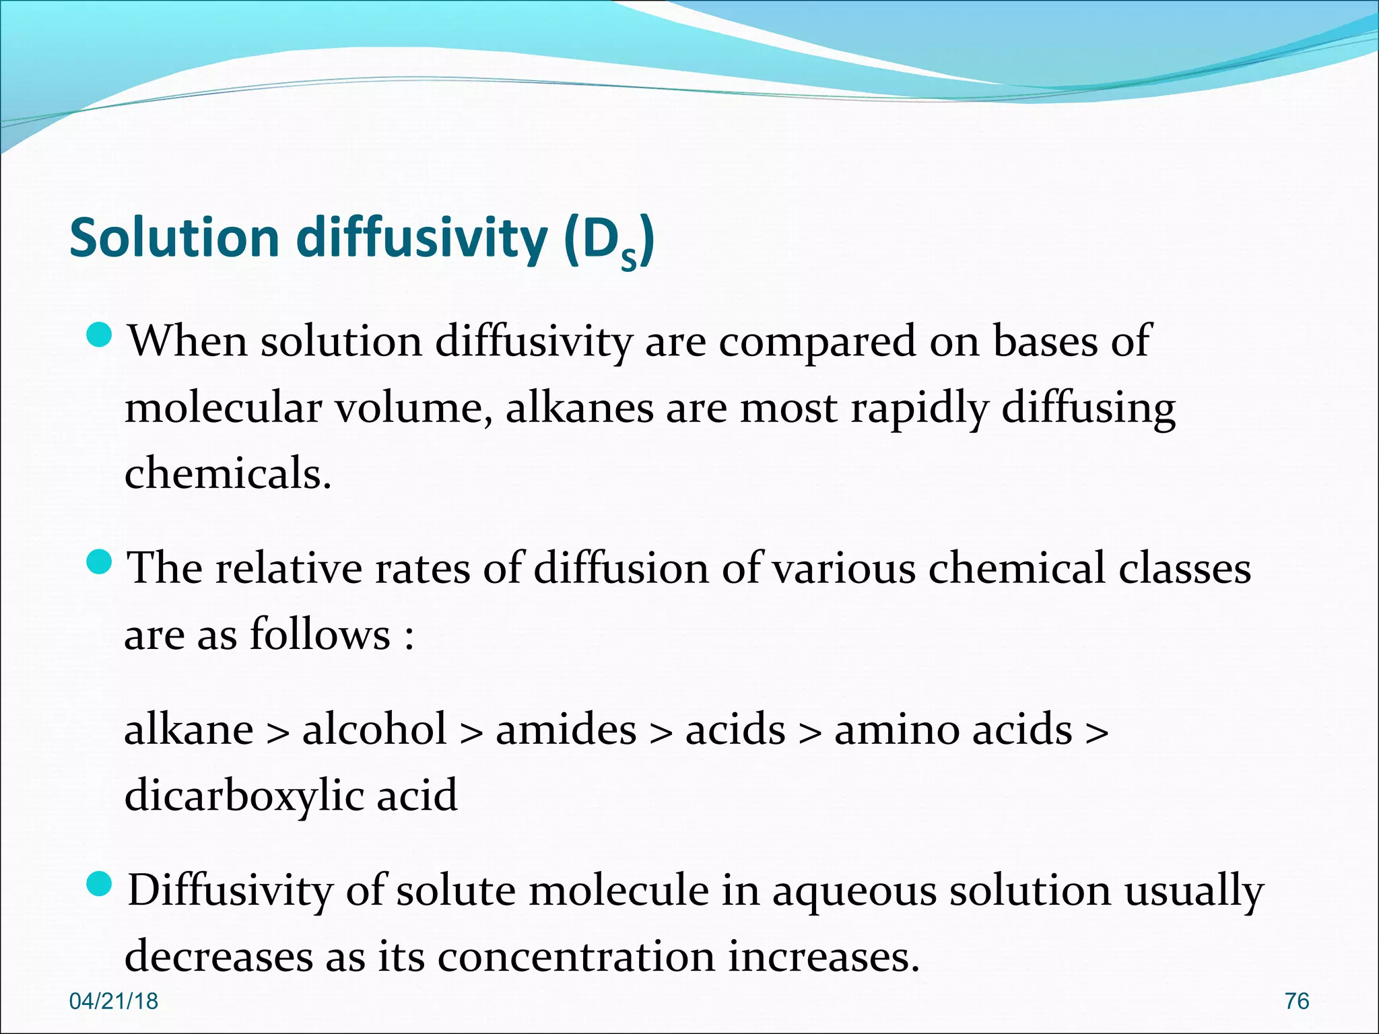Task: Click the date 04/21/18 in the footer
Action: [x=114, y=1001]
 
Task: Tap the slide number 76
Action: [x=1296, y=1001]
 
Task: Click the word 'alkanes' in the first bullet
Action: [x=579, y=408]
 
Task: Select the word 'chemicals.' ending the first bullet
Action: [x=228, y=474]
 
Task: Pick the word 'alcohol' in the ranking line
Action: [x=374, y=730]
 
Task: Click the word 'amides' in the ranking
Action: [x=566, y=730]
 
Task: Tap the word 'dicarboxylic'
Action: [x=244, y=796]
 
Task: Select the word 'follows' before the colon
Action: [x=320, y=635]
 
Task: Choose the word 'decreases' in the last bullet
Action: [x=219, y=957]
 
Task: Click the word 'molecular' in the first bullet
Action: [x=223, y=408]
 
